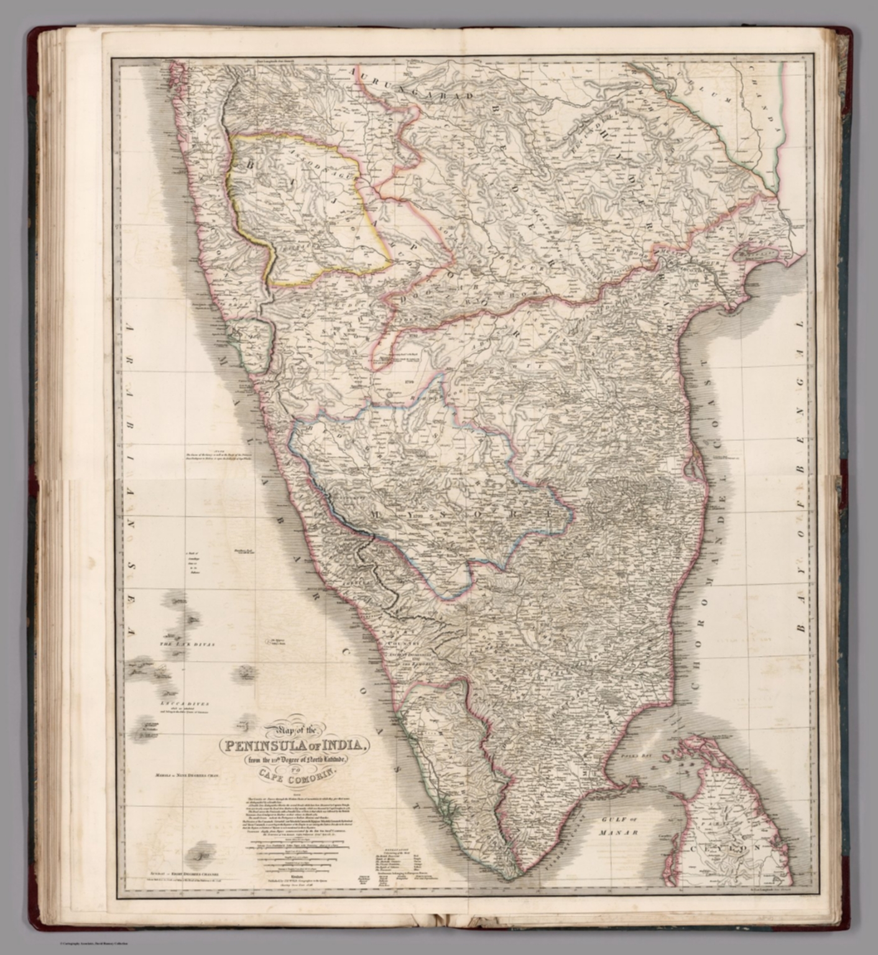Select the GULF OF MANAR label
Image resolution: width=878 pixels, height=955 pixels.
(622, 826)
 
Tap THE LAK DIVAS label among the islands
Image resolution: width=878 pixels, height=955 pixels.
(187, 645)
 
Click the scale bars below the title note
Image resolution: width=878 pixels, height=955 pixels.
(298, 855)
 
